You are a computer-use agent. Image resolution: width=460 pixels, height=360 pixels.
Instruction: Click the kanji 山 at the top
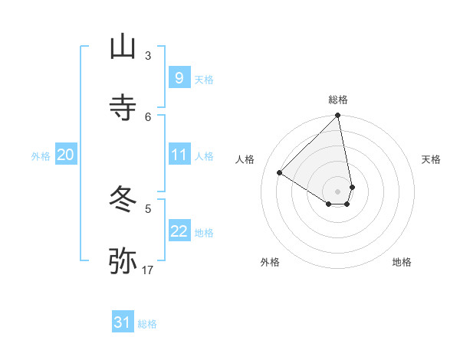[123, 47]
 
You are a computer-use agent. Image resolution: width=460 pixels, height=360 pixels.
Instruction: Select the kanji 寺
[123, 108]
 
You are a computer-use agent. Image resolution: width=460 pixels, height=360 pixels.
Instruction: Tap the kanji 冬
[123, 200]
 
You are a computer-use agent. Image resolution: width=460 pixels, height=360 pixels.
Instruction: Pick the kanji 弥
[123, 260]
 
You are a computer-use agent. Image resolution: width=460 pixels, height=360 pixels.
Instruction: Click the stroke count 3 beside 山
[148, 55]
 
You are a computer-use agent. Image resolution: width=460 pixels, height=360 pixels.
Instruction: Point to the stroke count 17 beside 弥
[148, 270]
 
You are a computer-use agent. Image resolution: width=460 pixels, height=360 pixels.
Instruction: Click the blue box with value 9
[179, 78]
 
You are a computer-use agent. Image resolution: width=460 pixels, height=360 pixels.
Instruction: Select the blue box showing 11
[179, 155]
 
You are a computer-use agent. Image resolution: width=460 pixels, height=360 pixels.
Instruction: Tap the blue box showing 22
[179, 232]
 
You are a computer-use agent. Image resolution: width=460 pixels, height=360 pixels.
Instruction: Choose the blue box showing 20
[65, 155]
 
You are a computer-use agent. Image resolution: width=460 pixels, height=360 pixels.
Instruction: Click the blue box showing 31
[123, 323]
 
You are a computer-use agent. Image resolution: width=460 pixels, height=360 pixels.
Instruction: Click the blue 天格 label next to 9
[204, 79]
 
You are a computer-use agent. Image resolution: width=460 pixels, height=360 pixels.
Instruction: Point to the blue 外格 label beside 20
[41, 156]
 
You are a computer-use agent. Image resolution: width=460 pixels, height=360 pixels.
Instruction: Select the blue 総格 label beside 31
[148, 324]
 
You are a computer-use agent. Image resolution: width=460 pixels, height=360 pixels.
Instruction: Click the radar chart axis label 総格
[338, 100]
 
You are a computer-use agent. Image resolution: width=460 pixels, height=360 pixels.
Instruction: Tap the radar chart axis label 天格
[432, 159]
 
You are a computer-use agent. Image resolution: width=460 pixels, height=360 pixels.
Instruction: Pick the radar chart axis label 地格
[402, 262]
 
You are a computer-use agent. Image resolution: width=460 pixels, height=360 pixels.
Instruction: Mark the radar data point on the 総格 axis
[338, 116]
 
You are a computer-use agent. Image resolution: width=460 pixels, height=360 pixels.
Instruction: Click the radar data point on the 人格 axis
[280, 173]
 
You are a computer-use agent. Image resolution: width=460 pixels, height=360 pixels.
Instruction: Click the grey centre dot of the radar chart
[338, 191]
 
